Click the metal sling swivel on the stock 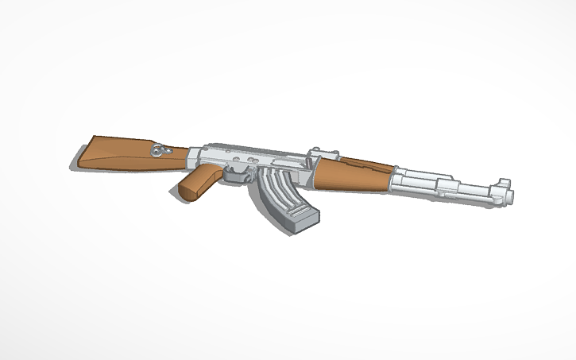162,149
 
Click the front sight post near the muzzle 504,183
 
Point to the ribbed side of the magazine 274,191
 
